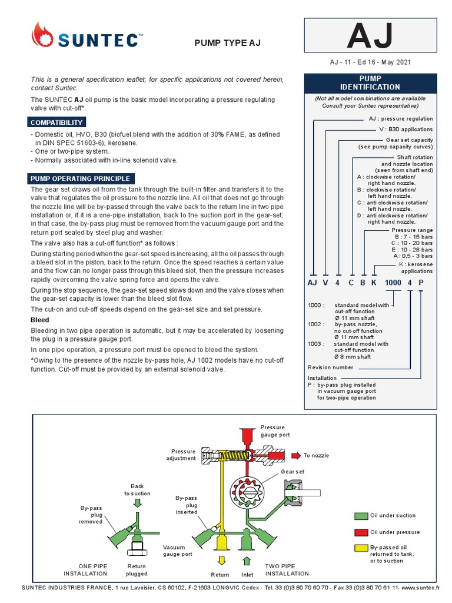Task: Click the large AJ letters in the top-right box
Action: pos(370,37)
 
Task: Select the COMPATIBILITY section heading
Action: pos(56,122)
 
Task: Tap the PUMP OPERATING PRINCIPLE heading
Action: pos(81,178)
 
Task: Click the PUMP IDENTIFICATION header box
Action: pos(370,82)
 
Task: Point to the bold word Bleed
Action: pos(40,320)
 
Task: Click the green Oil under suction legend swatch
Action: pos(361,516)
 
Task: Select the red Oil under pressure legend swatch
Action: pos(361,532)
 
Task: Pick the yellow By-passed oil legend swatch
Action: pos(361,548)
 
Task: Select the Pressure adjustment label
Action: pos(181,455)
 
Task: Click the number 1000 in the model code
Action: pos(393,283)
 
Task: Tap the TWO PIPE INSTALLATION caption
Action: pos(287,569)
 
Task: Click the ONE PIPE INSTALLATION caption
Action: pos(86,569)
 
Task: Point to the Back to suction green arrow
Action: pos(137,502)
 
